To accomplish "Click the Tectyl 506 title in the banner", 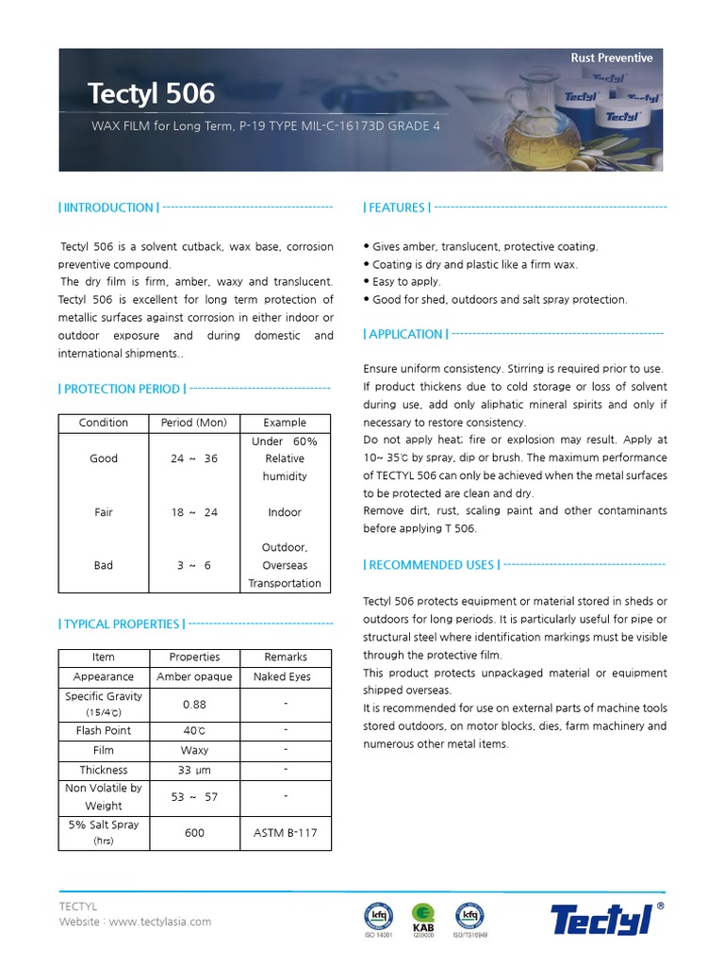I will tap(151, 93).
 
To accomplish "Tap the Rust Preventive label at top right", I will tap(611, 58).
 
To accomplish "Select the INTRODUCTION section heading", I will tap(108, 208).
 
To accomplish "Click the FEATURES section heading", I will tap(397, 208).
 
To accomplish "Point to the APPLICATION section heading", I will tap(406, 334).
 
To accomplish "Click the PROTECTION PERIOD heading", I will tap(122, 389).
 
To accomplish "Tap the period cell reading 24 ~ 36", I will tap(194, 458).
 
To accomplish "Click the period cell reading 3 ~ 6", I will tap(194, 565).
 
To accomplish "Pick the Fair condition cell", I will tap(104, 512).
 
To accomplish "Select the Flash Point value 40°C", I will tap(194, 730).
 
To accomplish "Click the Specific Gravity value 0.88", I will tap(194, 705).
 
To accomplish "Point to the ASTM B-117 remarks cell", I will tap(285, 833).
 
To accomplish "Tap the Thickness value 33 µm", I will tap(194, 770).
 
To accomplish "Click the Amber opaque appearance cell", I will tap(194, 676).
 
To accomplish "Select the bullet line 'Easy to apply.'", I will tap(405, 282).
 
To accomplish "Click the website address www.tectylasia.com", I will tap(159, 922).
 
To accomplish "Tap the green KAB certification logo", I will tap(423, 916).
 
